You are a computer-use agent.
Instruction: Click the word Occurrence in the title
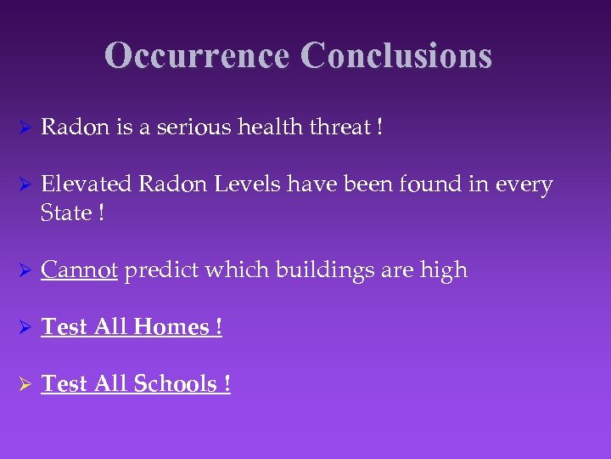pos(199,55)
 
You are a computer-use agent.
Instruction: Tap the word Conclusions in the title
pos(395,55)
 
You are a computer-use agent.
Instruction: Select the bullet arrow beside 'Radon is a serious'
pos(25,128)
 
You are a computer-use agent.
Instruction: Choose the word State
pos(65,212)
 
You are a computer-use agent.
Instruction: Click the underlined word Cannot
pos(79,269)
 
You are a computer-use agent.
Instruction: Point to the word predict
pos(160,270)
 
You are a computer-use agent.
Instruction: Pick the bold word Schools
pos(175,383)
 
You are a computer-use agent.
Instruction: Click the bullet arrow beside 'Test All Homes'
pos(25,327)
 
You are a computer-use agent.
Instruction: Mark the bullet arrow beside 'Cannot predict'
pos(25,270)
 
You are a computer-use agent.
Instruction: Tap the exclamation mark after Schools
pos(227,383)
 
